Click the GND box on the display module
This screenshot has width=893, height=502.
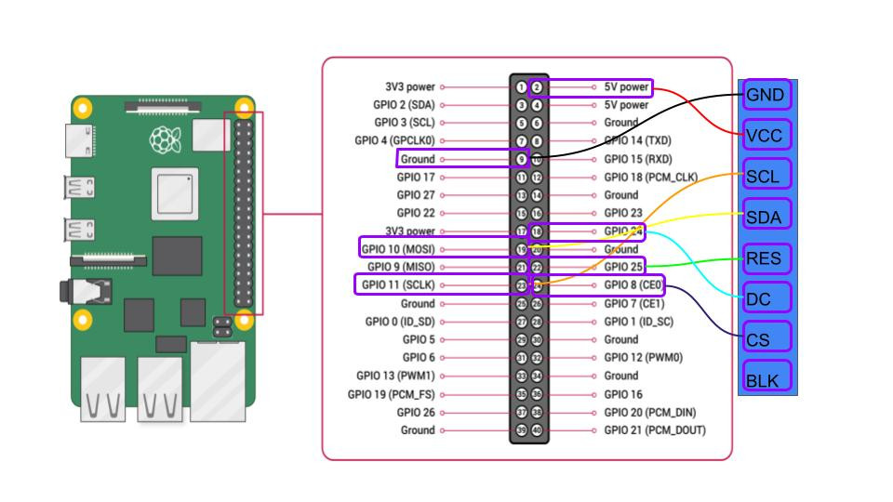[766, 95]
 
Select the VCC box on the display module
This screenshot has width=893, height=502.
[766, 136]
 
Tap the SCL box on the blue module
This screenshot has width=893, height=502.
[766, 176]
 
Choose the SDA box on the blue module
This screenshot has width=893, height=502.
[766, 218]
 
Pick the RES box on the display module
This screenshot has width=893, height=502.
[766, 258]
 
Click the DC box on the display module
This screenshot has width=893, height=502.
[766, 298]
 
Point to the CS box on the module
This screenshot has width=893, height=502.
[766, 339]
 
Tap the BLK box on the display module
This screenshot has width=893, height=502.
[766, 379]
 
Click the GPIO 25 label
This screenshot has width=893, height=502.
[623, 268]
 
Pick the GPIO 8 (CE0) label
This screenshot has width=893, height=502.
[633, 285]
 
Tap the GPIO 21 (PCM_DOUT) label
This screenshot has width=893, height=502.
[655, 430]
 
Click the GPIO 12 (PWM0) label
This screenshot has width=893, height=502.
[644, 358]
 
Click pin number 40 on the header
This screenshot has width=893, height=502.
[537, 430]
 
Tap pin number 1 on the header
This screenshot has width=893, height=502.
[522, 87]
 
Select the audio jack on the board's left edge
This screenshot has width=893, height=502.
[68, 292]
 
